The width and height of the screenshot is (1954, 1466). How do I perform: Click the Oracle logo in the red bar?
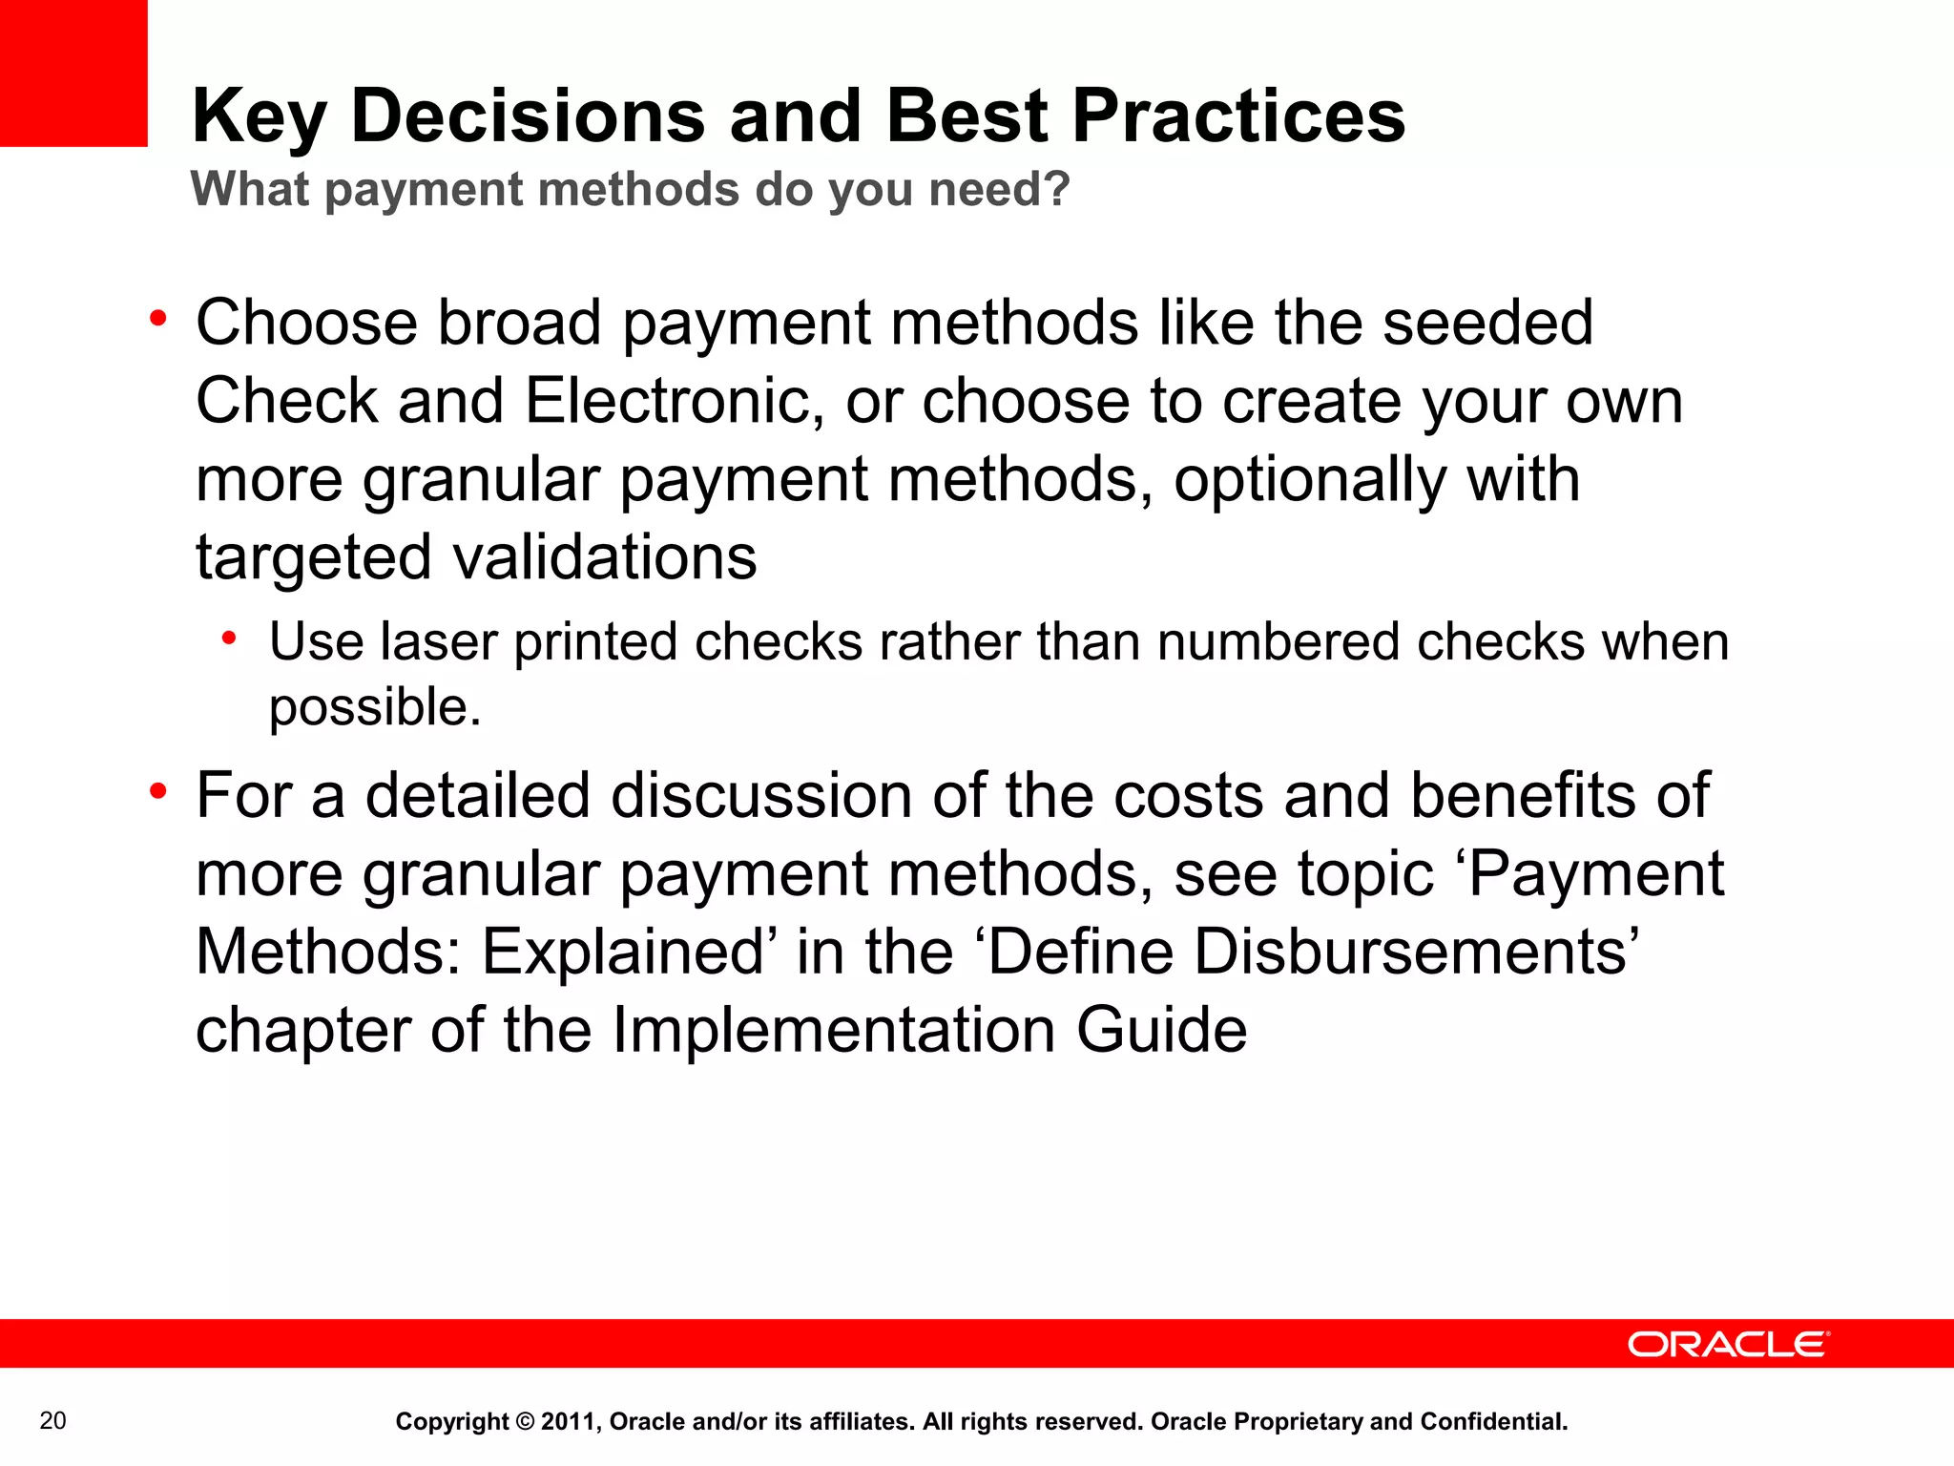[x=1728, y=1344]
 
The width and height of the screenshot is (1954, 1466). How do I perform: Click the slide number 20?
[x=53, y=1421]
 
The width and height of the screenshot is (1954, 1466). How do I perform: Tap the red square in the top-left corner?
[x=73, y=73]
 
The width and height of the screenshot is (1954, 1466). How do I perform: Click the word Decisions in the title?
[x=528, y=115]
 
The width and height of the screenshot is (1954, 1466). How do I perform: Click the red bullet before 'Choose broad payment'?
[x=158, y=319]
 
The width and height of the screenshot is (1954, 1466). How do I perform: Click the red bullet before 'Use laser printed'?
[x=229, y=638]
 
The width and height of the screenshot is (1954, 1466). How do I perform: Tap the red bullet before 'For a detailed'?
[x=158, y=791]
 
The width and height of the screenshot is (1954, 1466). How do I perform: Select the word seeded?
[x=1487, y=323]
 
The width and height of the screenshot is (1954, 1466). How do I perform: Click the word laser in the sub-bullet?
[x=438, y=641]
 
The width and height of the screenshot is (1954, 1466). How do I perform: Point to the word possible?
[x=374, y=708]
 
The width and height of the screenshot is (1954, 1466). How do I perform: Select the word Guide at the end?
[x=1161, y=1031]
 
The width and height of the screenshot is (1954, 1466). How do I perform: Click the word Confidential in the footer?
[x=1493, y=1422]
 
